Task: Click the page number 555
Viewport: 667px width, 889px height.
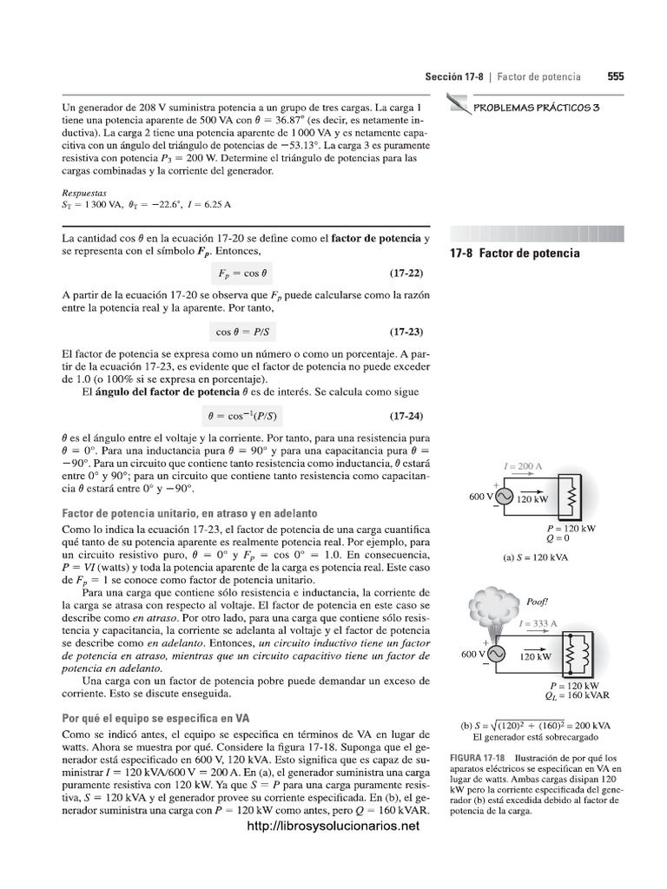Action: pyautogui.click(x=615, y=76)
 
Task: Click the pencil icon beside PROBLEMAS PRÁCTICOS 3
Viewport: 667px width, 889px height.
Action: pyautogui.click(x=457, y=105)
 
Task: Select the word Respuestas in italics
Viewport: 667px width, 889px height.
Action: pyautogui.click(x=85, y=193)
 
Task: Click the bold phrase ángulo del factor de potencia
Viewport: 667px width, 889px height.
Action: pyautogui.click(x=160, y=392)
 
